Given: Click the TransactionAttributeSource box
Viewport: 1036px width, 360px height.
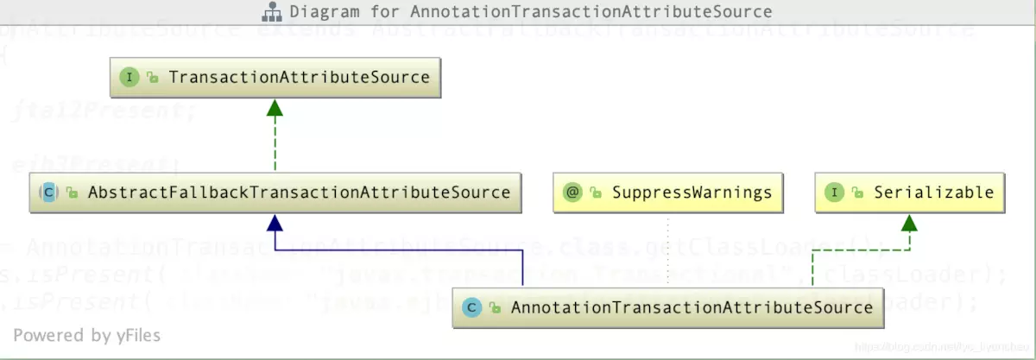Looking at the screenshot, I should coord(275,78).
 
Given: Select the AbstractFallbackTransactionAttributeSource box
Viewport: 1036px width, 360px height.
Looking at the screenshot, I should coord(275,193).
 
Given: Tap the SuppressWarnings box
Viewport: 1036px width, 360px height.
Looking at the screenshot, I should coord(667,193).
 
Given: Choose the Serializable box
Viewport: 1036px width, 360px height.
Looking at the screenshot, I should coord(910,193).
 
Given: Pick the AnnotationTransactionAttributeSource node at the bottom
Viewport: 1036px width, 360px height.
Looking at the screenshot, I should coord(668,307).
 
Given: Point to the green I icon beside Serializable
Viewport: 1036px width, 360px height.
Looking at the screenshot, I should coord(834,193).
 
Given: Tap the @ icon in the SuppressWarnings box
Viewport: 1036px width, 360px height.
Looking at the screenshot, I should coord(572,193).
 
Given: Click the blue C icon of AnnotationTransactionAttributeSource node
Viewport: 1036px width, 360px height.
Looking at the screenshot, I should coord(471,307).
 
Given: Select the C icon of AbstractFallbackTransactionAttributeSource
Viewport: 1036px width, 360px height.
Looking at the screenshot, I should coord(49,193).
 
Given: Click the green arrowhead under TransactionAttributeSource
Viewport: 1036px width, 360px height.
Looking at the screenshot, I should coord(275,107).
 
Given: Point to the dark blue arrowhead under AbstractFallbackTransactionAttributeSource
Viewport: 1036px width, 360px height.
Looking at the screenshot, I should coord(275,222).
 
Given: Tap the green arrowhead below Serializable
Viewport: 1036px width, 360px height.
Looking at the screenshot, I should coord(910,222).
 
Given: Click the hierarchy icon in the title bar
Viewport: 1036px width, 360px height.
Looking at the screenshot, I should coord(272,12).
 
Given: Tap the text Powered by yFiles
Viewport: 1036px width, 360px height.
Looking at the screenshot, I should coord(86,335).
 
